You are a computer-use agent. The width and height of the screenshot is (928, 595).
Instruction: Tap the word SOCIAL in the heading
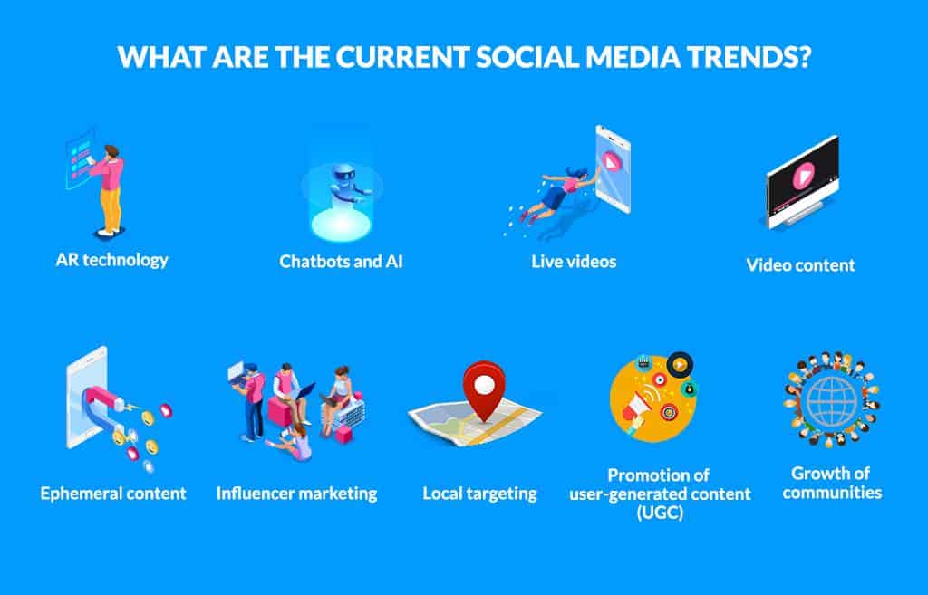[x=528, y=57]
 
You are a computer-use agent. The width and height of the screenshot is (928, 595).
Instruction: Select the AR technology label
[x=111, y=260]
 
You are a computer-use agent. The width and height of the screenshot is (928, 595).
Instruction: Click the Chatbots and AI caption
[x=341, y=262]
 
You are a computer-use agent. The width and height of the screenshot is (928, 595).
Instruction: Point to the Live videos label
[x=574, y=262]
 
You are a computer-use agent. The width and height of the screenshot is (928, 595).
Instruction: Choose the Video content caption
[x=801, y=265]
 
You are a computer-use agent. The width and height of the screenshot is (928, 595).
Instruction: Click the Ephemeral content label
[x=113, y=494]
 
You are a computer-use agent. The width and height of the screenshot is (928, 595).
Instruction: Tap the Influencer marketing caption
[x=296, y=494]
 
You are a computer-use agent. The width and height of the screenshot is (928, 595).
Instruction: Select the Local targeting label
[x=480, y=494]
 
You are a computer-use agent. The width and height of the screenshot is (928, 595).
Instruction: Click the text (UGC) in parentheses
[x=660, y=513]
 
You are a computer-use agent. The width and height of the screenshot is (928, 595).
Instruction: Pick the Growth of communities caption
[x=832, y=483]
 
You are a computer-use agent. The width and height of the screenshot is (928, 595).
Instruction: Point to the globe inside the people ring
[x=832, y=401]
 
